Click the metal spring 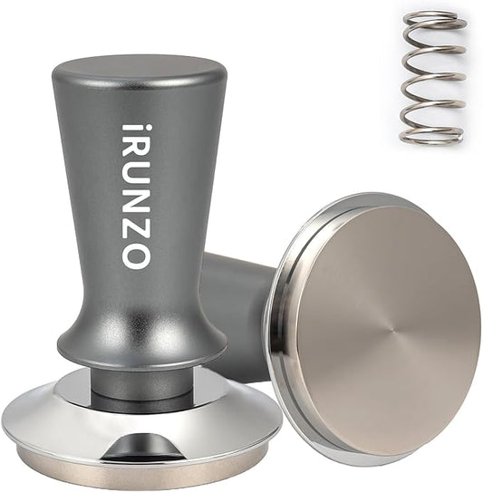[431, 77]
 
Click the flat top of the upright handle [137, 67]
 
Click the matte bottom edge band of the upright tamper [136, 475]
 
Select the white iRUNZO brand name [132, 195]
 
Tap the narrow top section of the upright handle [136, 100]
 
